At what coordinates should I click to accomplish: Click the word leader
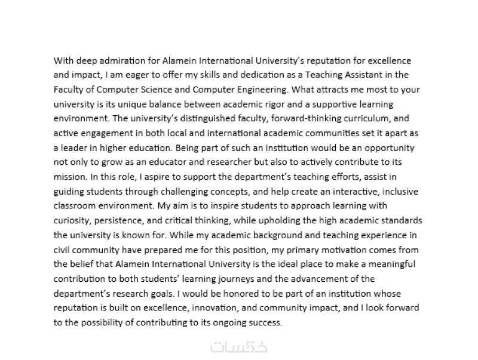[76, 147]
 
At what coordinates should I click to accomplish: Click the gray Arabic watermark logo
[239, 347]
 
